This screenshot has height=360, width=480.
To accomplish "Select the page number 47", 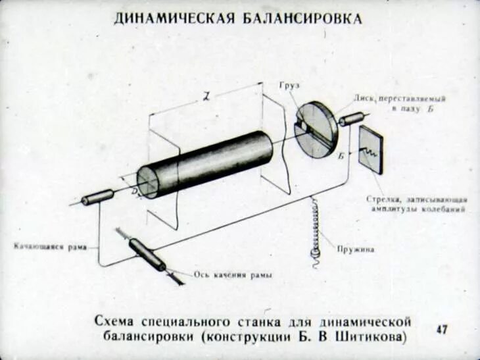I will [441, 329].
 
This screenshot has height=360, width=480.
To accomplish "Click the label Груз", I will [281, 88].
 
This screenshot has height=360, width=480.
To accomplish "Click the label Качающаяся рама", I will [50, 247].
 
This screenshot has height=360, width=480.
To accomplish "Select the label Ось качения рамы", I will [224, 274].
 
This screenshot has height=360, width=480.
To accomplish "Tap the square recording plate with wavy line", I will [371, 150].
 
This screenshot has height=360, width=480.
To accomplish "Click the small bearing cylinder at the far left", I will [97, 197].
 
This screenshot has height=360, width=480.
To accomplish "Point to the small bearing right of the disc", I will [352, 118].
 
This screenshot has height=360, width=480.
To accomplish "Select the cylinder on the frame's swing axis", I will [147, 255].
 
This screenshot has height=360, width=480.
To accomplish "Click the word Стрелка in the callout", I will [379, 199].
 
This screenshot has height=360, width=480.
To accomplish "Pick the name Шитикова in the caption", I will [372, 338].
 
